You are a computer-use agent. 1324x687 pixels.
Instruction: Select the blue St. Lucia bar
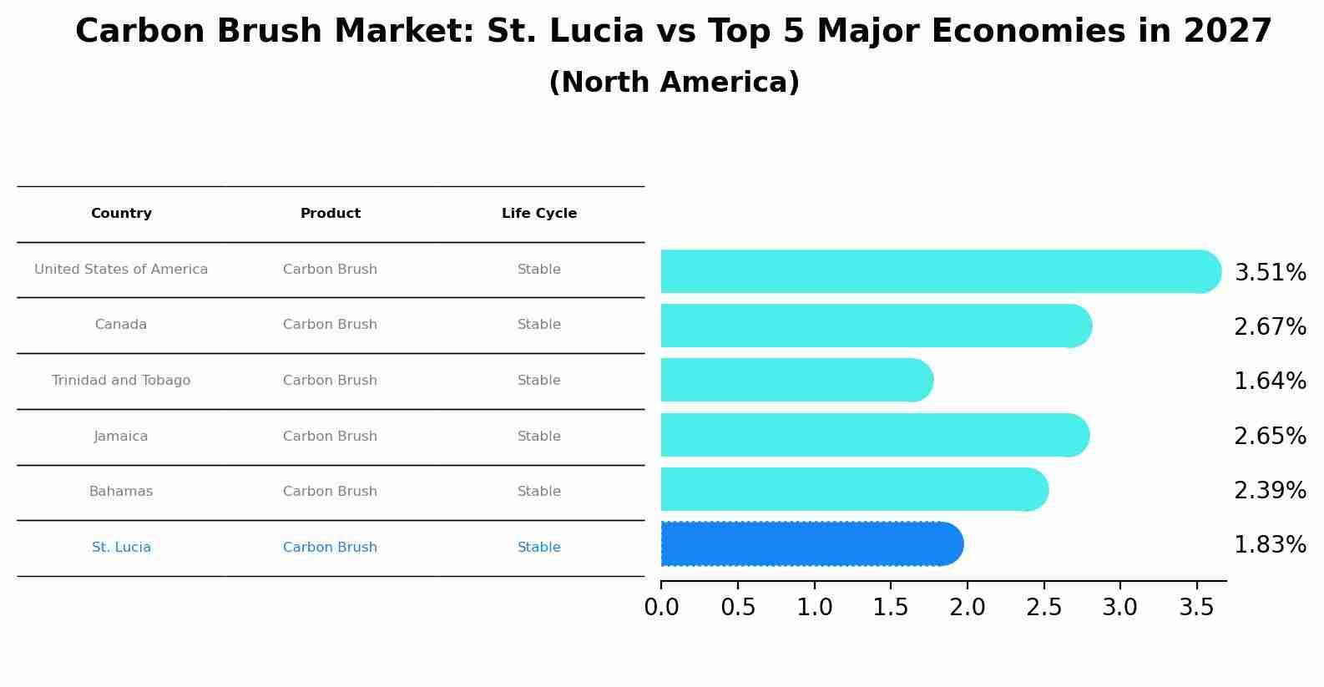click(810, 544)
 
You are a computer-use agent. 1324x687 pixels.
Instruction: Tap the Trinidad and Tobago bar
click(793, 381)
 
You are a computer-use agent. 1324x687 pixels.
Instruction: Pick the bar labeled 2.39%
click(852, 490)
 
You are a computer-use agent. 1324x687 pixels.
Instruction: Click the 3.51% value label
click(1270, 273)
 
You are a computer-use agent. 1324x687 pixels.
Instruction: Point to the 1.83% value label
click(1270, 545)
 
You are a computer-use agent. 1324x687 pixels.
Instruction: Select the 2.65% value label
click(1270, 437)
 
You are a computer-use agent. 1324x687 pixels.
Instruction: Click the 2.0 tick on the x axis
click(968, 608)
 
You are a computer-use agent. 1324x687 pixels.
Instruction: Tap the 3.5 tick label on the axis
click(1196, 608)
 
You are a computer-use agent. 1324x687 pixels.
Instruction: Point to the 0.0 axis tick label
click(661, 608)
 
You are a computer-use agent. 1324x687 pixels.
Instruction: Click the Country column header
click(121, 214)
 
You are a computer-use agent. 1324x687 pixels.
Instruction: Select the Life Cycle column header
click(539, 214)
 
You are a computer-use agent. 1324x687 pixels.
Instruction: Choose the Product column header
click(331, 214)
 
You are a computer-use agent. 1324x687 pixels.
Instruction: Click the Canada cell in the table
click(121, 325)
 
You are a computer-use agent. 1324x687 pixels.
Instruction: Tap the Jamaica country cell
click(121, 437)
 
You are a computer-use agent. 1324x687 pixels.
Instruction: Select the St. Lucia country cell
click(121, 548)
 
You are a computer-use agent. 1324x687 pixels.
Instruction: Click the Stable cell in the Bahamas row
click(539, 492)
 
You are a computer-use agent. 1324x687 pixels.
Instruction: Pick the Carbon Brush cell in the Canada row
click(331, 325)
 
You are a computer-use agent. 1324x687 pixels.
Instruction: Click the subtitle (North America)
click(674, 83)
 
